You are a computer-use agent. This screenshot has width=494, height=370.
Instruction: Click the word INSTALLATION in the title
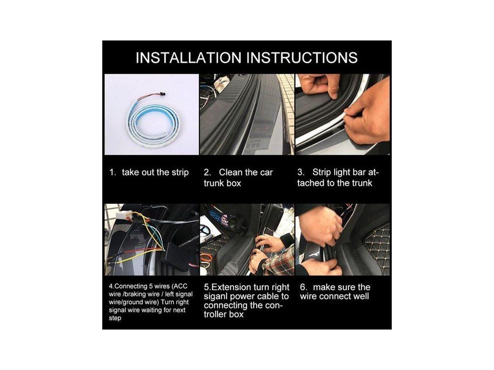click(189, 58)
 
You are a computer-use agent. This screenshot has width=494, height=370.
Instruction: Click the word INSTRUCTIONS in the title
click(302, 58)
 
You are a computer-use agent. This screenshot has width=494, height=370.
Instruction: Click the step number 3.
click(301, 172)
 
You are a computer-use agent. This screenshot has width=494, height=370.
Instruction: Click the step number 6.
click(303, 287)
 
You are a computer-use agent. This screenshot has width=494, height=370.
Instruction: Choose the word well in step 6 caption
click(361, 296)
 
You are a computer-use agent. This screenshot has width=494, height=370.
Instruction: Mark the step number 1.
click(112, 172)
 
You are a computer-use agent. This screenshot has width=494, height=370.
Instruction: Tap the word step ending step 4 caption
click(115, 318)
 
